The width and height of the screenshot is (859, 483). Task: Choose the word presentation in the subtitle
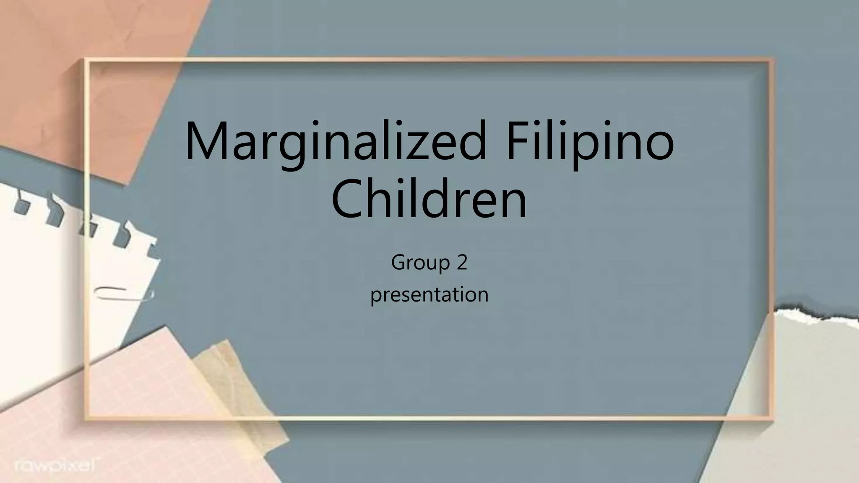(429, 295)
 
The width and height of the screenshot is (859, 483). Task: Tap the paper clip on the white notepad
(124, 293)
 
